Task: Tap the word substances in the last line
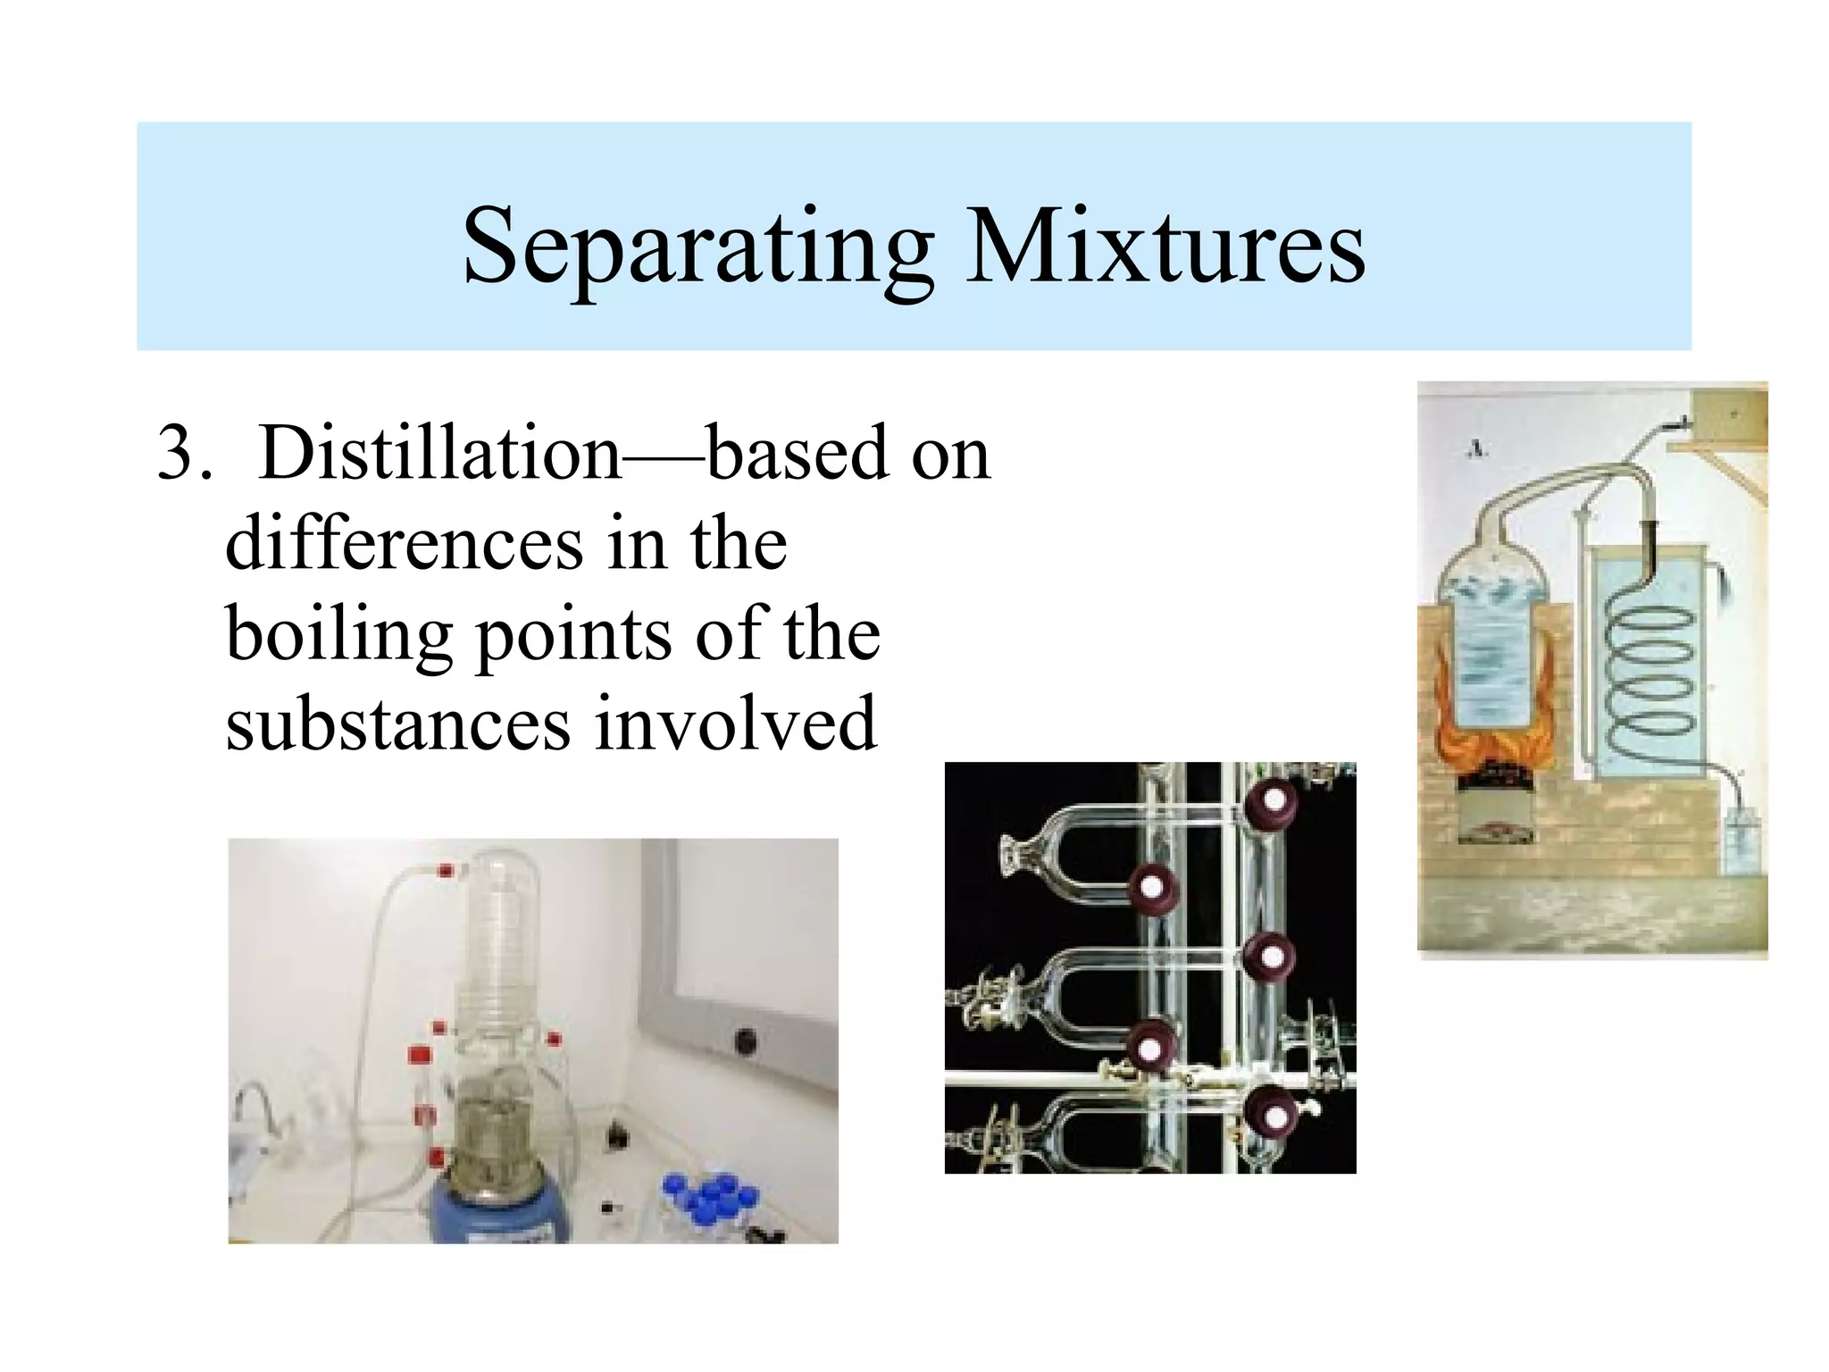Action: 397,724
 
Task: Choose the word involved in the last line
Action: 736,724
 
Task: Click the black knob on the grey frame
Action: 745,1040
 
